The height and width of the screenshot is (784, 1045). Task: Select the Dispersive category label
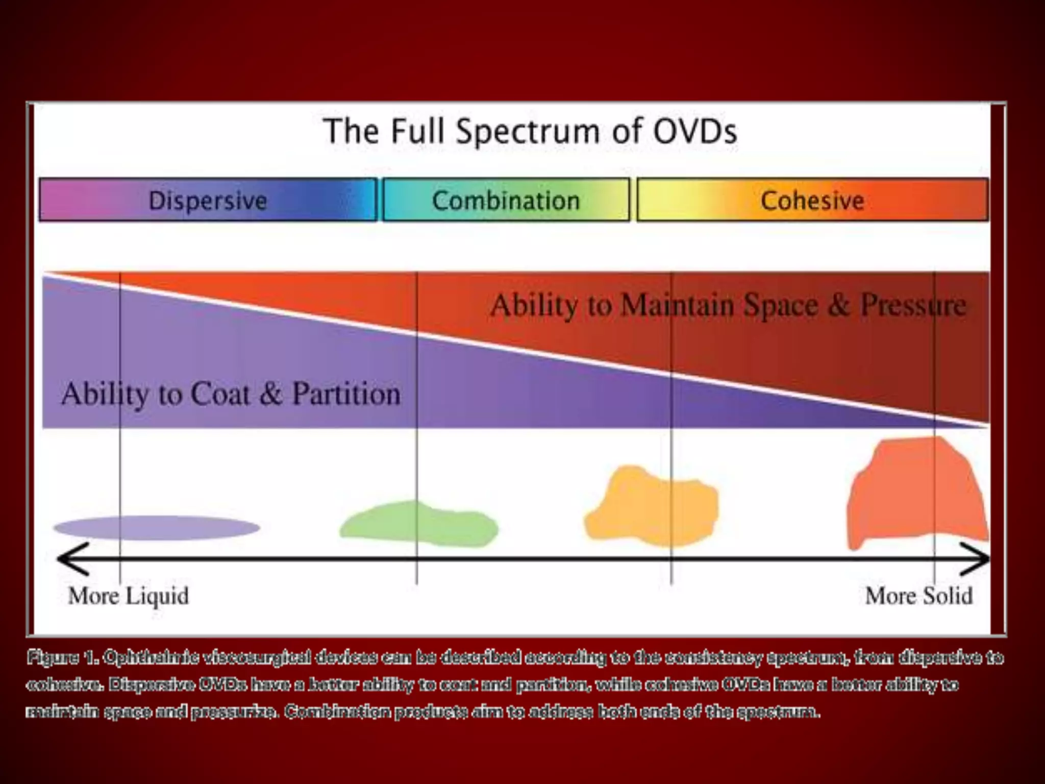208,200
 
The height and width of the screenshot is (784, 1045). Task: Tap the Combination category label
506,200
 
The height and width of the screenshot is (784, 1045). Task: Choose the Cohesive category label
812,200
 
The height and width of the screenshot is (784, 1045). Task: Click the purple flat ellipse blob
157,528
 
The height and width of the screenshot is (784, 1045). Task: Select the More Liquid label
129,596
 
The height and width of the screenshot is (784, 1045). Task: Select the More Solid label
918,596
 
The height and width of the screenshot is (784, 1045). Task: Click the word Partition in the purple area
346,394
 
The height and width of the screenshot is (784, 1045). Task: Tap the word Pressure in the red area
913,305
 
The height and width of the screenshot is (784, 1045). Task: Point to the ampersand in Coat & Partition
270,394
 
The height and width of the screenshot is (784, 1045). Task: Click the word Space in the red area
781,305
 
